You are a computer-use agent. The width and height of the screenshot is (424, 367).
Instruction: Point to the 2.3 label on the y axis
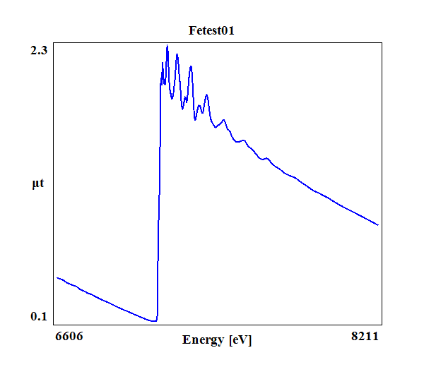click(39, 50)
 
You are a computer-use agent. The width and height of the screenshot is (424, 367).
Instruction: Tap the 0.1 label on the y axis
click(39, 316)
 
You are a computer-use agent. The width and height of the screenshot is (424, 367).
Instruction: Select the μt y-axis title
click(38, 184)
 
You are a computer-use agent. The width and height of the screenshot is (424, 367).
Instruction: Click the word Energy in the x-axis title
click(204, 340)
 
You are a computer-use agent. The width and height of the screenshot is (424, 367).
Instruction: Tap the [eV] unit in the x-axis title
click(240, 340)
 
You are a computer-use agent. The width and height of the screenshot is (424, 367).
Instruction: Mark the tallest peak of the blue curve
click(167, 47)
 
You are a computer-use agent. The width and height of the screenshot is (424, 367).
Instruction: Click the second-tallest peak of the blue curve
click(177, 54)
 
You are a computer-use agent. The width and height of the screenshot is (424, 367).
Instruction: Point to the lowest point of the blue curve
click(153, 321)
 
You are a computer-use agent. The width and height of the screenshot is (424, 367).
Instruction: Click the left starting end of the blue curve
click(57, 277)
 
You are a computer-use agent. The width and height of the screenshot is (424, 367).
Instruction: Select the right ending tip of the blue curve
click(379, 226)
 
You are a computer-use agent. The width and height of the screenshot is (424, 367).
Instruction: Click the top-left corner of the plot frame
click(54, 42)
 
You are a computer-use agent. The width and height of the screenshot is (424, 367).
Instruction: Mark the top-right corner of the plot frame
click(382, 42)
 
